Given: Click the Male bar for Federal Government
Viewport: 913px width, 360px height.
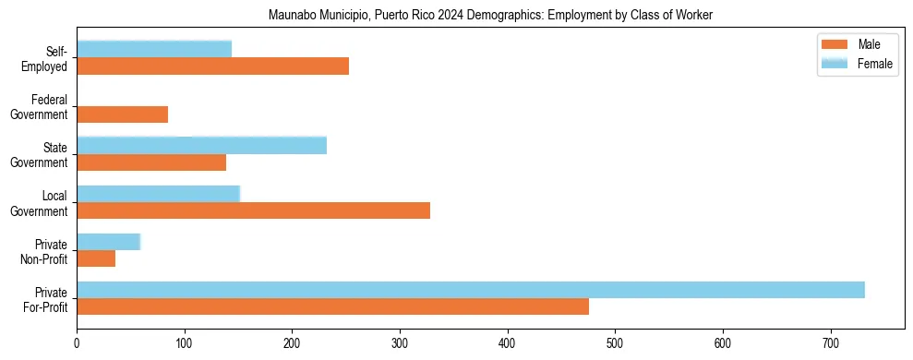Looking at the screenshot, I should (122, 114).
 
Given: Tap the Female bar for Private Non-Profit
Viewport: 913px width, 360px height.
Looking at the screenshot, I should (108, 242).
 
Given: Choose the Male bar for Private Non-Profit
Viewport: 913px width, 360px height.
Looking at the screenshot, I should (96, 259).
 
